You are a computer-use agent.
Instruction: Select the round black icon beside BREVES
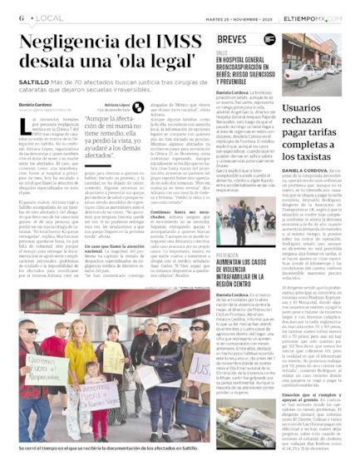[268, 38]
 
